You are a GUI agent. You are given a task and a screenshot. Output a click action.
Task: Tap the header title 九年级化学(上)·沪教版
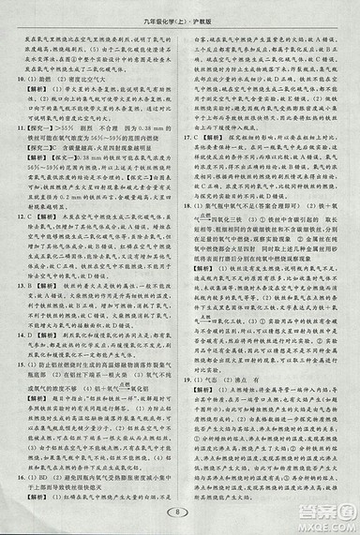(x=180, y=11)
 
